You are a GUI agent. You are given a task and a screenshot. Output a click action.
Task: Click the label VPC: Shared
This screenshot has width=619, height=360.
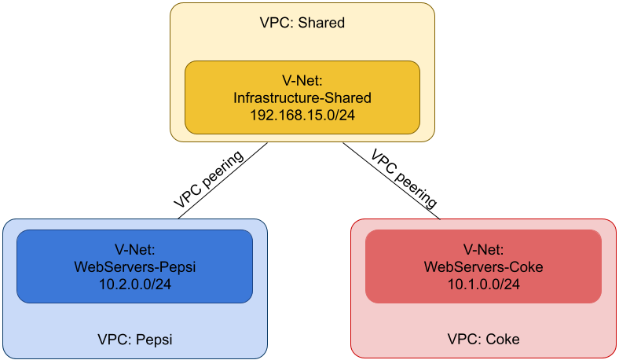302,23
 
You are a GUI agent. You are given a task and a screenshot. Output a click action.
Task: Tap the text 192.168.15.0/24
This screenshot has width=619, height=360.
302,116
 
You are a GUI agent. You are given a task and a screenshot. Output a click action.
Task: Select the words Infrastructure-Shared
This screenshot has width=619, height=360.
302,98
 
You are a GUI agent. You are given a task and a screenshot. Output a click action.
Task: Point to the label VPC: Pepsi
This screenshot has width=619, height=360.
134,340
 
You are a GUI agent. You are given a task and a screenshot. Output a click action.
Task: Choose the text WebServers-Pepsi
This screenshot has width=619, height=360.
134,267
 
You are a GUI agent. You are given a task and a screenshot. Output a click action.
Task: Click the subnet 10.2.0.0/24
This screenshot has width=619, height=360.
134,285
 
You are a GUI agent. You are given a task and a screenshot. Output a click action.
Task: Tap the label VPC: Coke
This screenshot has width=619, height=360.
483,340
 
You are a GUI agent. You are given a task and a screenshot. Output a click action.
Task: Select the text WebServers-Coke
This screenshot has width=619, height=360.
483,267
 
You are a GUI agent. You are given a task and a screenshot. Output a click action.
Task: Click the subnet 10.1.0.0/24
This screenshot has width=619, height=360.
483,285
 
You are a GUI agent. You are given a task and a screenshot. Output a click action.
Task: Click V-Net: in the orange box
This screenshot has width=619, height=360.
302,81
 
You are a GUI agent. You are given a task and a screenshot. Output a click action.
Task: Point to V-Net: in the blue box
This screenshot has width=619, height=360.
134,250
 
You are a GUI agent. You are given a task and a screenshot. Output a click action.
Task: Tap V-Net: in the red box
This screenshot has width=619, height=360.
483,250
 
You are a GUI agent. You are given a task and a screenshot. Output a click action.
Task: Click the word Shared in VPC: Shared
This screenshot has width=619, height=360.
321,23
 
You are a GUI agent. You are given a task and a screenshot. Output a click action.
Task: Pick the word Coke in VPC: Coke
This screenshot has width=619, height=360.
503,340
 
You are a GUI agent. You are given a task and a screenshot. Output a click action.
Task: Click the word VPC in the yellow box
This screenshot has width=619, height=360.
275,23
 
